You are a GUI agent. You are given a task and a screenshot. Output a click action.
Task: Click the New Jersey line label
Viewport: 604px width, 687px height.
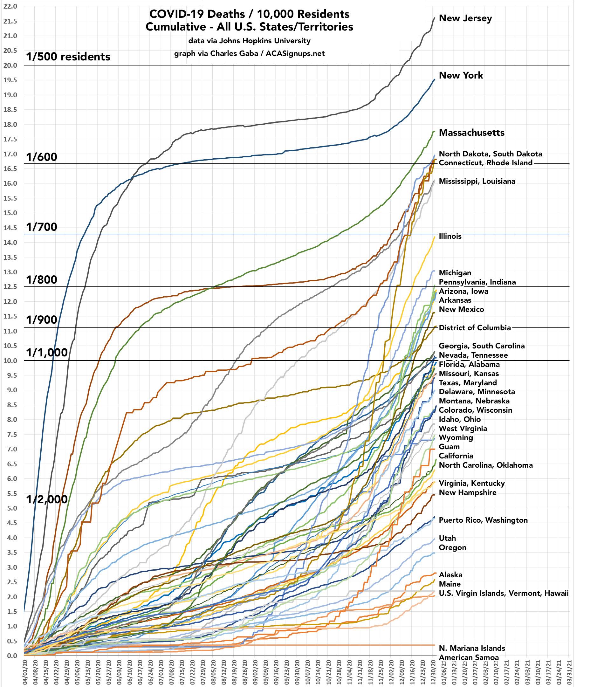coord(465,18)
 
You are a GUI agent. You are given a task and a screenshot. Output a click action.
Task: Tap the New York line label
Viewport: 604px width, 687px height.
coord(461,75)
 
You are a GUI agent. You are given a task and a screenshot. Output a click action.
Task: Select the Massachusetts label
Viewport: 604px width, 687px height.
coord(471,133)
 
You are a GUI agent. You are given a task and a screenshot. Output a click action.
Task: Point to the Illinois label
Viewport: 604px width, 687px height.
coord(450,236)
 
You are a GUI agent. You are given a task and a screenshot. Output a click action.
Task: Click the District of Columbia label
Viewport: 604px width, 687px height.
coord(475,328)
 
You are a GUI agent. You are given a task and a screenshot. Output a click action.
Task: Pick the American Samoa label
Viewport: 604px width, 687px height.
coord(469,657)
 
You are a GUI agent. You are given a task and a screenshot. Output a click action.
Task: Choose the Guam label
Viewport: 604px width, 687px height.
coord(449,447)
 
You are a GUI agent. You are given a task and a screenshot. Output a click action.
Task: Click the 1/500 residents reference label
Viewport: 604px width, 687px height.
coord(68,57)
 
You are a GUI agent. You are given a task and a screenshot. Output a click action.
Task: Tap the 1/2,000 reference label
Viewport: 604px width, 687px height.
coord(47,499)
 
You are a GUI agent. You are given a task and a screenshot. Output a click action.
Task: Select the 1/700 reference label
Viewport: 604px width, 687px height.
coord(42,227)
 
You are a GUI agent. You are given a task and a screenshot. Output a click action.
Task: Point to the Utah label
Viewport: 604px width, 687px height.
coord(447,538)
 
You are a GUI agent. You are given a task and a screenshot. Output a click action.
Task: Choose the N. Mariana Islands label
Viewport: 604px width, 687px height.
coord(472,648)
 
